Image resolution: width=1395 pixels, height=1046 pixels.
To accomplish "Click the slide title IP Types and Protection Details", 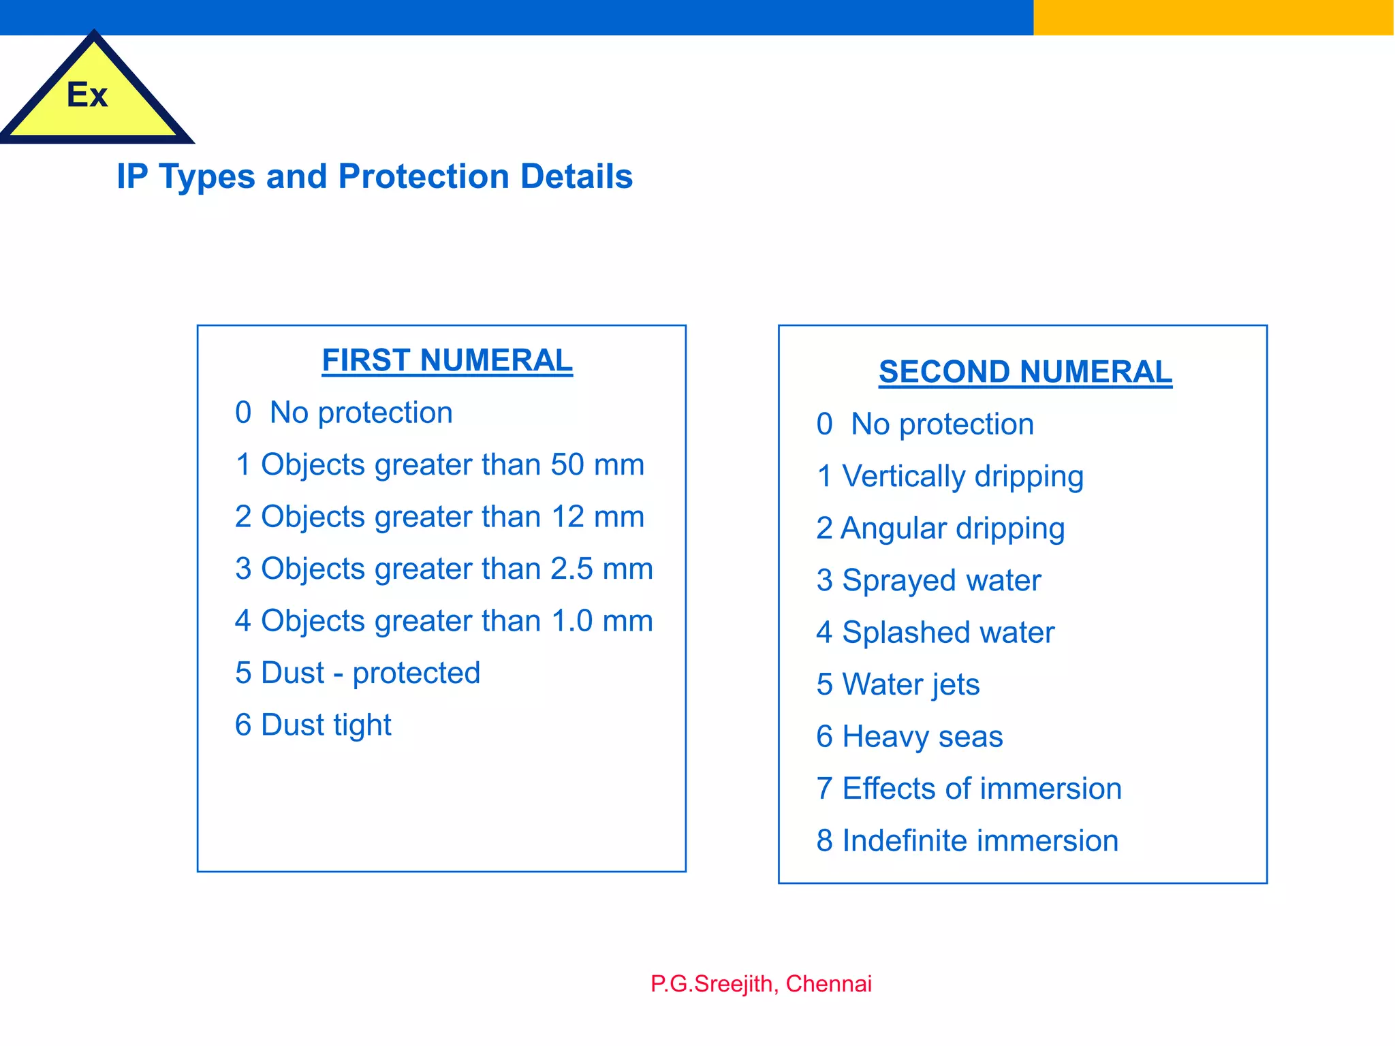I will click(375, 176).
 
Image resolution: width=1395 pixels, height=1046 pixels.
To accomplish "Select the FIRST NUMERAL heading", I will click(447, 360).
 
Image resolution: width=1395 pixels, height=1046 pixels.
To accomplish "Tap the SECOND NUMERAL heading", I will click(1025, 372).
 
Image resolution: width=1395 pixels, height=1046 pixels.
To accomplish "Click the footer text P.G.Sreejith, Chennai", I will click(761, 984).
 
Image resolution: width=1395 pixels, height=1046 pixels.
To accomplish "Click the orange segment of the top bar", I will click(1213, 17).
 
